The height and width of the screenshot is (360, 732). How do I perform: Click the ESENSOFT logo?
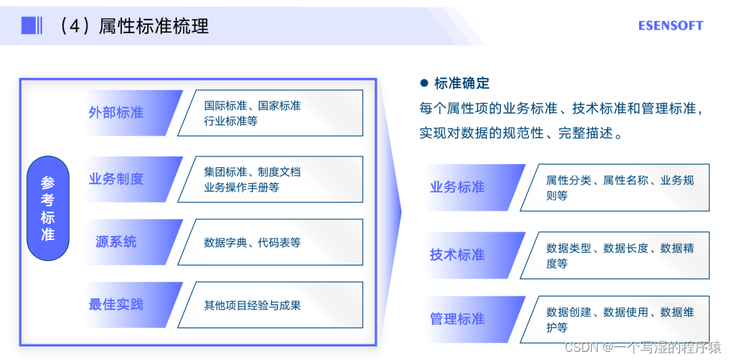tap(670, 26)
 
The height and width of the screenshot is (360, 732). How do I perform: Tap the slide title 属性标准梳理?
tap(153, 26)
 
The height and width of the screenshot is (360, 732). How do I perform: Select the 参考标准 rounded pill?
tap(47, 208)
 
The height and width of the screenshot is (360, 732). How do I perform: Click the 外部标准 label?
tap(116, 113)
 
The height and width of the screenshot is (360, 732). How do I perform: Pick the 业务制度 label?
tap(116, 179)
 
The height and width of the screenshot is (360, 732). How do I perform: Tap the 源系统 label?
tap(116, 241)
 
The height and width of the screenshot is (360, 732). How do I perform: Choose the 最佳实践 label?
tap(116, 304)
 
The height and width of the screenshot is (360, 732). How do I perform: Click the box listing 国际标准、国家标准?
tap(271, 113)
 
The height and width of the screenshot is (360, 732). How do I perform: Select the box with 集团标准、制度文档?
tap(271, 180)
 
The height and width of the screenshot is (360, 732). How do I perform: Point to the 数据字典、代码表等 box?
tap(271, 242)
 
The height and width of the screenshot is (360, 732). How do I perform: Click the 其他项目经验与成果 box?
tap(271, 305)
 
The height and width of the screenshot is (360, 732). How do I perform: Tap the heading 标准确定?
tap(462, 83)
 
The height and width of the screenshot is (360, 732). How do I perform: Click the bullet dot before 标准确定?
tap(424, 83)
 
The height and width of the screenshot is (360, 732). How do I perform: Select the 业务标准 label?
tap(457, 187)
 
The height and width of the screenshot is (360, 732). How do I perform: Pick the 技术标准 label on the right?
tap(457, 255)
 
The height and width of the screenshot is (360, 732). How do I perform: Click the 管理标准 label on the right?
tap(457, 319)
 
